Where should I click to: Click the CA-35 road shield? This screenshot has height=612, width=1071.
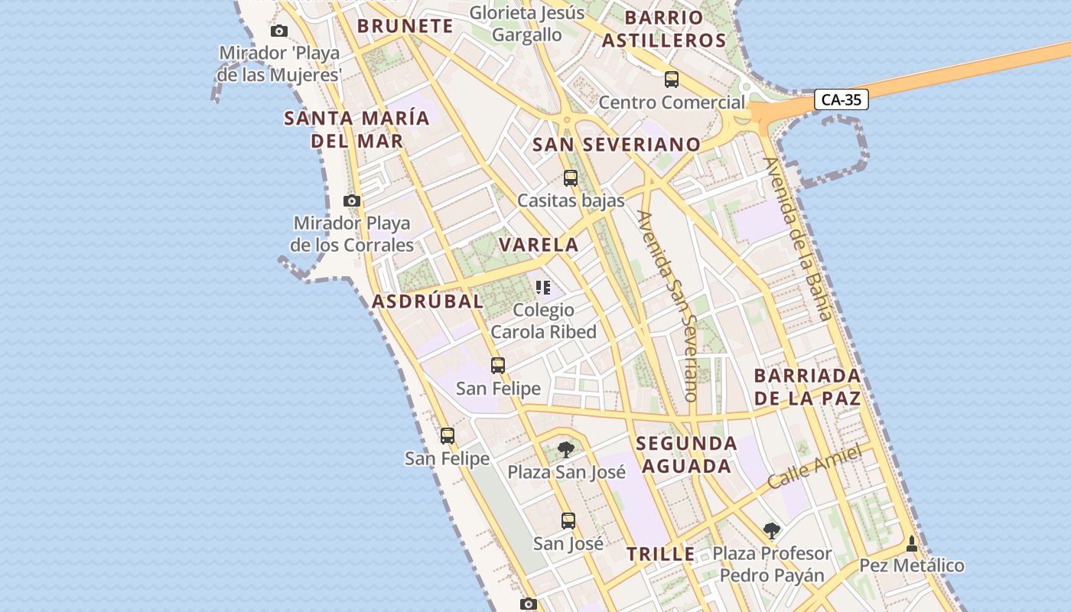(x=841, y=99)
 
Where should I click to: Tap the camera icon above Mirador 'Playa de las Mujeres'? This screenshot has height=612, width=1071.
(x=279, y=31)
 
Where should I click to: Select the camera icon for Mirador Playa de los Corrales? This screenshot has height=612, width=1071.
(x=352, y=201)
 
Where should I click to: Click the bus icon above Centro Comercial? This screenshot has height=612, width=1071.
(x=672, y=79)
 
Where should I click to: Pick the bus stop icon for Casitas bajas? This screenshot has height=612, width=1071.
(x=571, y=178)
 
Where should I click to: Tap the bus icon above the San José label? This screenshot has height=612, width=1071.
(x=568, y=521)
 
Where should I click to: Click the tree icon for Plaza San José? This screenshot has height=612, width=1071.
(x=566, y=449)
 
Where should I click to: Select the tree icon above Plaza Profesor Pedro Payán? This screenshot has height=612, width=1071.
(x=772, y=530)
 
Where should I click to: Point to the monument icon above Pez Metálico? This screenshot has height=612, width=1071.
(x=911, y=544)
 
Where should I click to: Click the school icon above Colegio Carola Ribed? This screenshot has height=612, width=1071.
(x=543, y=288)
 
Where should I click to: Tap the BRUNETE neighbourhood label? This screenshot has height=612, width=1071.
(x=405, y=26)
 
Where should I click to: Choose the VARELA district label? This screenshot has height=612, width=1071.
(x=539, y=245)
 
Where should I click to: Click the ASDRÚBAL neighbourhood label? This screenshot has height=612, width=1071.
(x=428, y=301)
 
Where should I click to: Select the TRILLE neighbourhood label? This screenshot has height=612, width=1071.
(x=661, y=554)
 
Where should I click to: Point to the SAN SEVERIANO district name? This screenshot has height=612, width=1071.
(x=617, y=145)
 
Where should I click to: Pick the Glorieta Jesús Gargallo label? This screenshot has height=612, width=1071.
(x=527, y=24)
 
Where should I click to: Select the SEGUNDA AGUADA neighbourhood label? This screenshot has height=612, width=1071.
(x=686, y=454)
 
